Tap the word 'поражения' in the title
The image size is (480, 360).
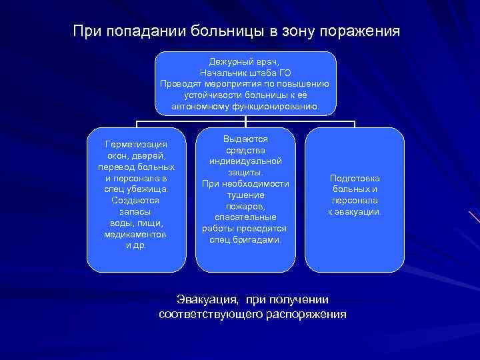[x=361, y=31]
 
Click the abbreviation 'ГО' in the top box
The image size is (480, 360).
[x=284, y=72]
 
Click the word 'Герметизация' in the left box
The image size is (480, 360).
[x=136, y=144]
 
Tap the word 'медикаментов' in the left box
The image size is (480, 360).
[x=136, y=235]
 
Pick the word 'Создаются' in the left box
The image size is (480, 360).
[x=136, y=200]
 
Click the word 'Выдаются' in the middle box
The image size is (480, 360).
[x=245, y=139]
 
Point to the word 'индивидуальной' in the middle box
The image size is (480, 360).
[x=245, y=161]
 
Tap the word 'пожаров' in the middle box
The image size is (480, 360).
[x=245, y=206]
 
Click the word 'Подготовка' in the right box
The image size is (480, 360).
[x=355, y=178]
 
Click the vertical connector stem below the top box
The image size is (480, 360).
[x=246, y=120]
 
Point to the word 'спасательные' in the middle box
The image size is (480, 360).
[x=245, y=217]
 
